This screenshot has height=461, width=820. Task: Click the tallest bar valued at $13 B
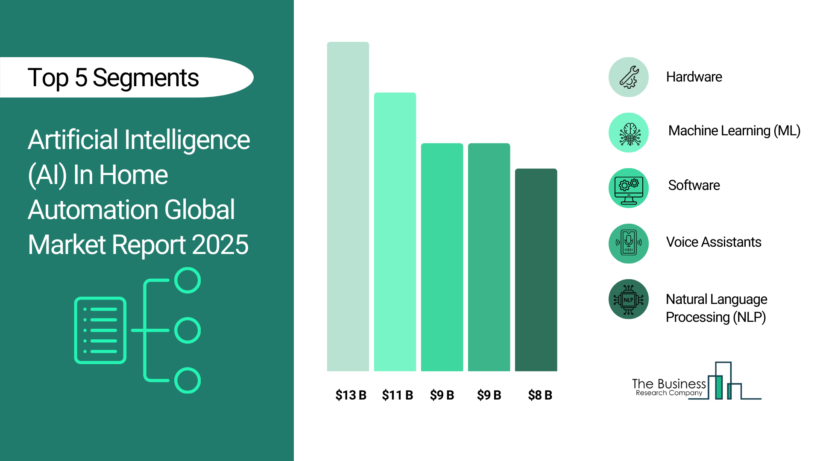348,207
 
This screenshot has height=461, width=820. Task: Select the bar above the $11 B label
395,232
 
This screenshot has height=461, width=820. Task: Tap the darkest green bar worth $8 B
536,270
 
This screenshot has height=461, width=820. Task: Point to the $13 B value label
351,395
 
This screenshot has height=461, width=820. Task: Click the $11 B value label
398,395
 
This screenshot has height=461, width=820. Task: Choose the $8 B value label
540,395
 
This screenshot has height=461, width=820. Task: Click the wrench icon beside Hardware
629,77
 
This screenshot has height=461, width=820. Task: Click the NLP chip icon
629,299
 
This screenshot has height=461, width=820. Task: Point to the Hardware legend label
694,77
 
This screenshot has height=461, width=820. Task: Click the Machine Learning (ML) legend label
734,131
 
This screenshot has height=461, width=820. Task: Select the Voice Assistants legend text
714,242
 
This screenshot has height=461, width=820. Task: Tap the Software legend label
694,185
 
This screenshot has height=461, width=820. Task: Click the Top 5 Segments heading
113,78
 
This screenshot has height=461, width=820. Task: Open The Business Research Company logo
697,381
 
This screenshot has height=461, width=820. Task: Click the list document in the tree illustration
100,330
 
